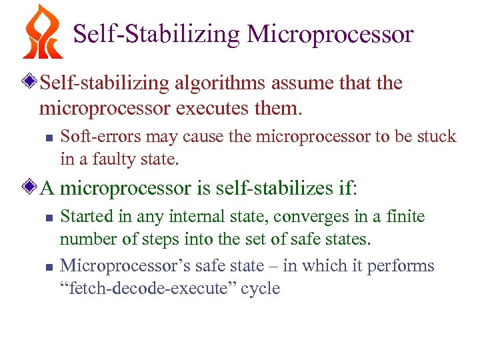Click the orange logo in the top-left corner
click(42, 32)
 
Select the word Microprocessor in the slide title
click(331, 34)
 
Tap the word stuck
click(437, 137)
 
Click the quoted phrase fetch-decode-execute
click(152, 289)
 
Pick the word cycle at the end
click(263, 289)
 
